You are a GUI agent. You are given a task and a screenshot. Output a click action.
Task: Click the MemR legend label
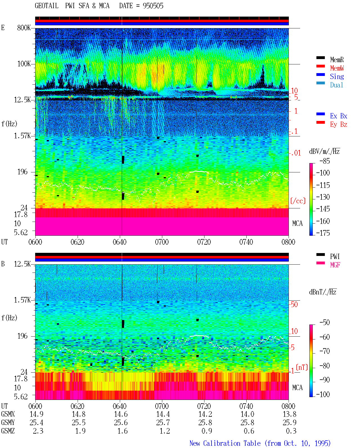point(337,60)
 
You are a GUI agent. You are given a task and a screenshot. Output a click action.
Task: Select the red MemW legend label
point(337,68)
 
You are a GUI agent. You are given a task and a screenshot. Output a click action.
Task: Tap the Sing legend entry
point(337,76)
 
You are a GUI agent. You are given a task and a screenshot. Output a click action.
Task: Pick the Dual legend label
point(336,85)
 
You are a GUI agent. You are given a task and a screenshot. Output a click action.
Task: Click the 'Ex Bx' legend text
point(338,116)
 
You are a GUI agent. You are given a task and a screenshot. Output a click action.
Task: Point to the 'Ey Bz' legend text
point(338,125)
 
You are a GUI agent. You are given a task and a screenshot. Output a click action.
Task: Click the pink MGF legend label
point(335,265)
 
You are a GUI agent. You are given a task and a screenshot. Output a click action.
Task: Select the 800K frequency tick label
point(24,28)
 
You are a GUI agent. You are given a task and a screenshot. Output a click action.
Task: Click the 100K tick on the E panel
point(24,64)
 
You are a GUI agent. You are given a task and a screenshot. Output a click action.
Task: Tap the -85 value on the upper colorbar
point(325,161)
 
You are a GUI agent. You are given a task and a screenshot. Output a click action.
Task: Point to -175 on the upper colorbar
point(323,233)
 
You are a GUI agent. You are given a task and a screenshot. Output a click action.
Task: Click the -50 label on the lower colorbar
point(325,323)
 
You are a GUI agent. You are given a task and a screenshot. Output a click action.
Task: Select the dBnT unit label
point(323,292)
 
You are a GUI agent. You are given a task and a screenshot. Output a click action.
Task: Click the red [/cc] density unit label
point(298,201)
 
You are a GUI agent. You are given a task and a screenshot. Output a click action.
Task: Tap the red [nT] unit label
point(302,367)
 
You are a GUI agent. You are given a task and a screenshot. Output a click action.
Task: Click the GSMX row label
point(8,414)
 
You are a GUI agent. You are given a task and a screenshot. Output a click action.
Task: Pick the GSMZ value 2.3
point(38,431)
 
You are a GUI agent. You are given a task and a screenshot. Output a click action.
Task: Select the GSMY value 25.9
point(289,422)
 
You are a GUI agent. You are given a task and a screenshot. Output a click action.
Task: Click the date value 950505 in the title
point(153,6)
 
